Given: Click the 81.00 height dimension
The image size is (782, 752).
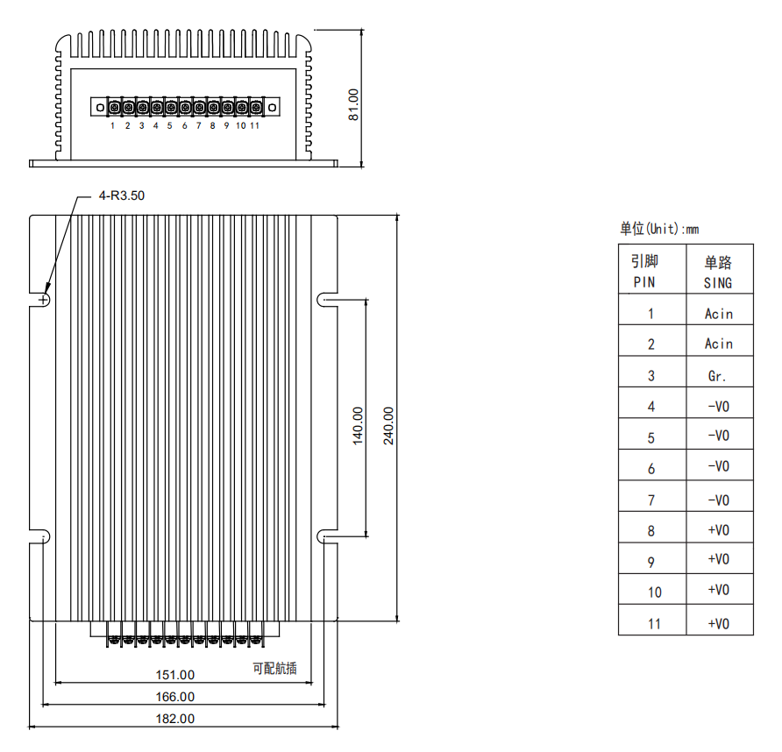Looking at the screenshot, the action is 353,104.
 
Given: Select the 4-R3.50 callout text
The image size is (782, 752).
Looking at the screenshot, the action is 122,195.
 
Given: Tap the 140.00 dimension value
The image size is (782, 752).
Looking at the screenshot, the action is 358,426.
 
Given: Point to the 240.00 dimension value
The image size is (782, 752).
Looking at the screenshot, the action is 388,426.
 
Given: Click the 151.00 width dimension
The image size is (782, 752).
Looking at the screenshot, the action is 175,675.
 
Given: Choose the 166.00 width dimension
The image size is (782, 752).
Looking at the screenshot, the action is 175,697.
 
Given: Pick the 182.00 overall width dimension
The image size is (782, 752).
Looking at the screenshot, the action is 175,719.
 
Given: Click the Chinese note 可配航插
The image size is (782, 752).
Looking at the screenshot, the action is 274,668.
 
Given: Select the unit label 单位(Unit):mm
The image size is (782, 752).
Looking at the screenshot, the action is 659,229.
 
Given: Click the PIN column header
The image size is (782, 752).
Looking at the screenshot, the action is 644,282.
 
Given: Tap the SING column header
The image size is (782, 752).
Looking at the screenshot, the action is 718,283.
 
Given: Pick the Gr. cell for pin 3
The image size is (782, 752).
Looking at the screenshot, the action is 716,376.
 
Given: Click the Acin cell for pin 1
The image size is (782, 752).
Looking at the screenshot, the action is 719,314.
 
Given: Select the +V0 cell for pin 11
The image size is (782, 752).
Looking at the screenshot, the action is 719,624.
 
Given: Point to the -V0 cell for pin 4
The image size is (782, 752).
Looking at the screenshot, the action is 719,407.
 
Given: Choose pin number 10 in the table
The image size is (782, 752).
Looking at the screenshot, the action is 654,592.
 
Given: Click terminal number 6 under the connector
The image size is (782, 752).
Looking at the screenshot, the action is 184,125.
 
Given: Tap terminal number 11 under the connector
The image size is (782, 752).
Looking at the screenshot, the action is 255,125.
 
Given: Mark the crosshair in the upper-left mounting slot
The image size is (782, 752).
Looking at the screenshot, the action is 43,300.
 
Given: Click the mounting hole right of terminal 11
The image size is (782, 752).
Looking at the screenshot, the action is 273,107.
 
